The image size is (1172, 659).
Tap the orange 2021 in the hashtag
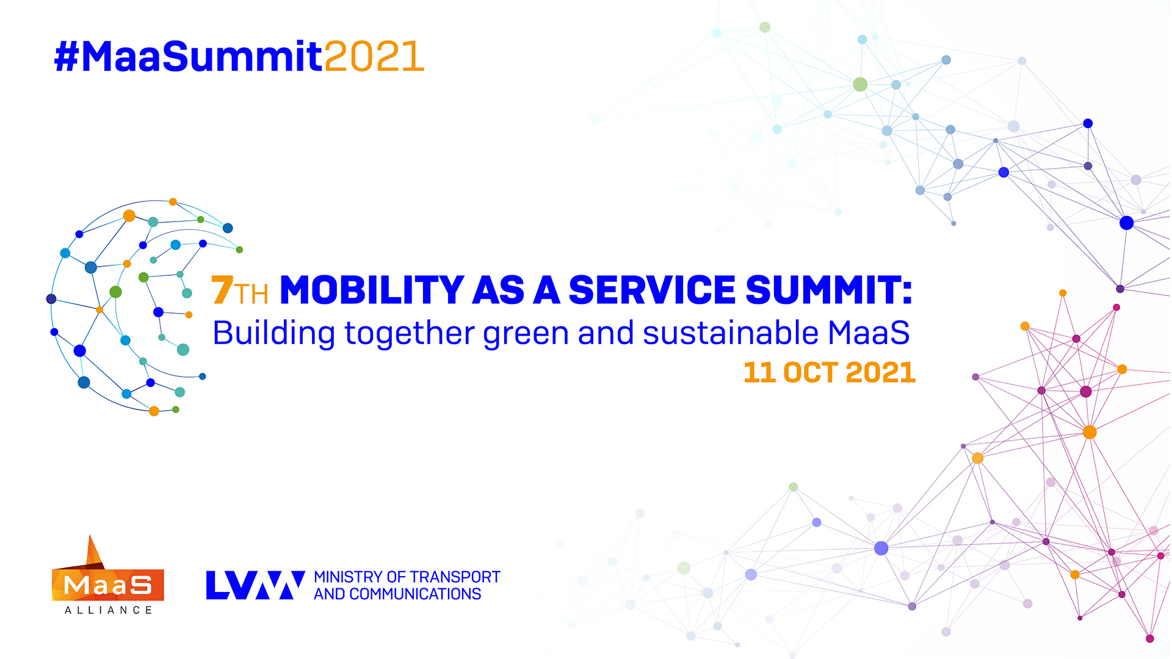click(x=374, y=57)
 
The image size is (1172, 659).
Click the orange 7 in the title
click(x=222, y=290)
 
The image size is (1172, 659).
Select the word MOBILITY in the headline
click(x=372, y=290)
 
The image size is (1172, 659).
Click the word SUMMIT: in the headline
click(x=828, y=290)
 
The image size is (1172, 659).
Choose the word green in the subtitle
click(x=526, y=334)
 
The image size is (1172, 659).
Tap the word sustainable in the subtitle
click(x=730, y=333)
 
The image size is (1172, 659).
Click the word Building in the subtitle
click(x=273, y=334)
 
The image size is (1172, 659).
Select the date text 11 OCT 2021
click(x=829, y=372)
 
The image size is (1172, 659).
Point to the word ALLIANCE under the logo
click(x=108, y=610)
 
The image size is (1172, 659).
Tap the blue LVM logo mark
click(x=255, y=585)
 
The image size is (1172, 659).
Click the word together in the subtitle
click(x=409, y=334)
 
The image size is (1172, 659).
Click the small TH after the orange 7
click(x=251, y=294)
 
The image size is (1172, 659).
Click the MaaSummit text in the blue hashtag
click(x=201, y=57)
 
